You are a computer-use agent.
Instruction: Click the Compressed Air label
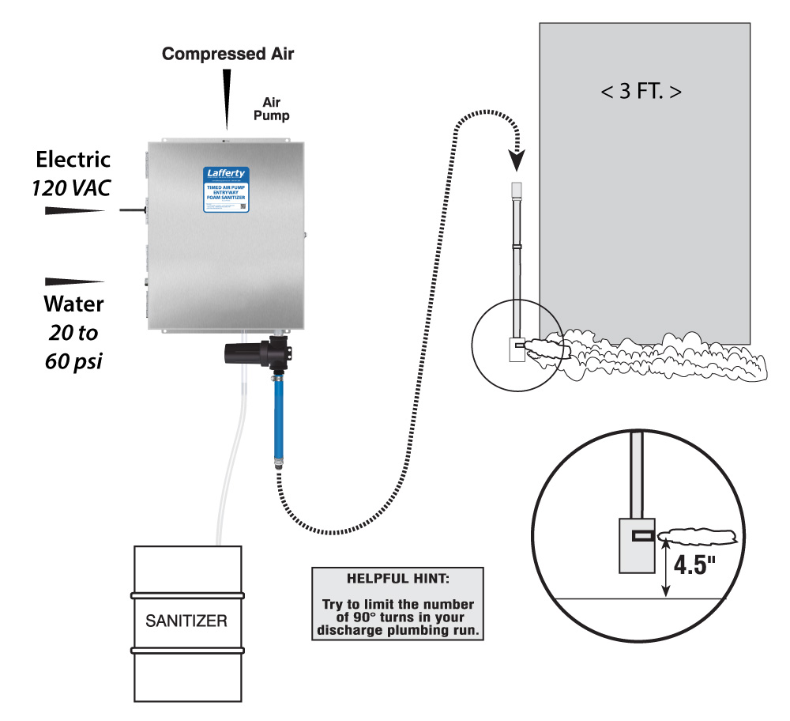pyautogui.click(x=228, y=54)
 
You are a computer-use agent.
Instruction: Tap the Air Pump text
pyautogui.click(x=276, y=108)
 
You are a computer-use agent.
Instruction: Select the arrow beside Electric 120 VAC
pyautogui.click(x=75, y=210)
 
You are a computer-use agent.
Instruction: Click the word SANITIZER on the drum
pyautogui.click(x=186, y=621)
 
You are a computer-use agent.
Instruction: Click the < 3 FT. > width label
pyautogui.click(x=641, y=91)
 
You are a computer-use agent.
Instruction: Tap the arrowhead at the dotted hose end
pyautogui.click(x=516, y=162)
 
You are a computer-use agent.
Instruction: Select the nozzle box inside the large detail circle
pyautogui.click(x=637, y=545)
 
